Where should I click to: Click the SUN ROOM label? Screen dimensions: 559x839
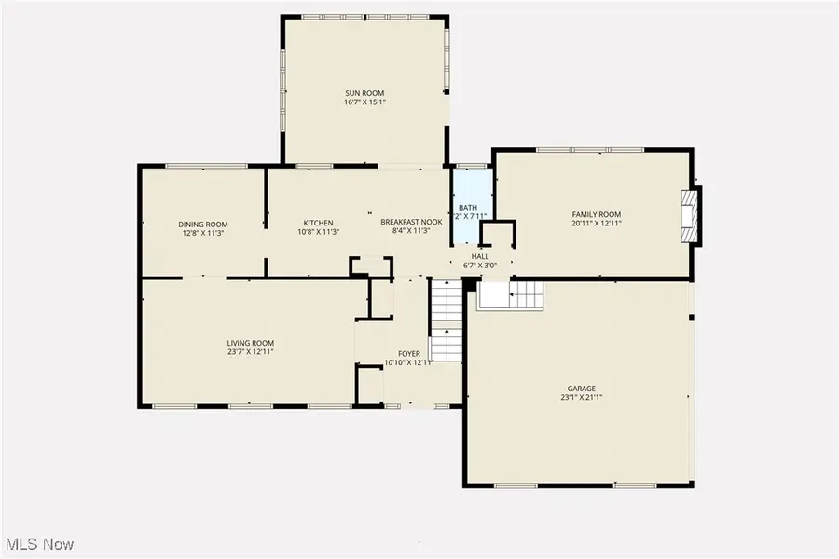pyautogui.click(x=364, y=93)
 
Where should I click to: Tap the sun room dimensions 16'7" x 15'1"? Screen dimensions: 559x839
pyautogui.click(x=364, y=102)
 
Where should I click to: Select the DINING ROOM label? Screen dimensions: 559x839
pyautogui.click(x=203, y=224)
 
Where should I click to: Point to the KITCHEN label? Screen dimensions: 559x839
pyautogui.click(x=318, y=223)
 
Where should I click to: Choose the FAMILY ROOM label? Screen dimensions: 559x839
pyautogui.click(x=596, y=214)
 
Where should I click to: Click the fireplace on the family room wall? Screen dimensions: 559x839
pyautogui.click(x=689, y=216)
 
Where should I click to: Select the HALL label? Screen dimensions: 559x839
pyautogui.click(x=479, y=255)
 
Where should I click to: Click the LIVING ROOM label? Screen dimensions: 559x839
pyautogui.click(x=251, y=343)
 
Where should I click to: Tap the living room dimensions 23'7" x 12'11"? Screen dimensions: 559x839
pyautogui.click(x=251, y=352)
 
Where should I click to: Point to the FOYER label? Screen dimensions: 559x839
pyautogui.click(x=409, y=354)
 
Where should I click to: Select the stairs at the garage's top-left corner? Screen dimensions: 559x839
pyautogui.click(x=511, y=296)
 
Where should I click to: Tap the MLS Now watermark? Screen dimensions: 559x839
pyautogui.click(x=40, y=544)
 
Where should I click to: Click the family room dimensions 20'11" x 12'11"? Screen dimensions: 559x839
pyautogui.click(x=596, y=224)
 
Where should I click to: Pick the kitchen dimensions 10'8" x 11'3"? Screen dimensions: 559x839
pyautogui.click(x=318, y=232)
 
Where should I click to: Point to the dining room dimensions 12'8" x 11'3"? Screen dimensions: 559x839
pyautogui.click(x=203, y=233)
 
